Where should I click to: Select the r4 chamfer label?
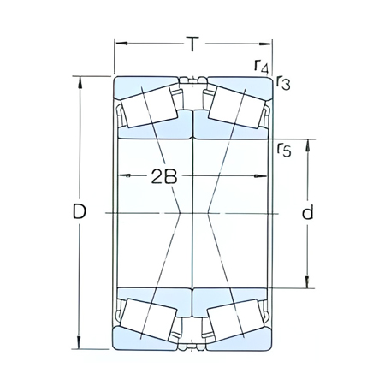pos(260,66)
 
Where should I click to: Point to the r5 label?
pos(284,151)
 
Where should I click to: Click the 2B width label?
pos(164,177)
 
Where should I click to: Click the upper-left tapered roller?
pos(148,109)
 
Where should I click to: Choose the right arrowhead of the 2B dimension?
pos(263,175)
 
